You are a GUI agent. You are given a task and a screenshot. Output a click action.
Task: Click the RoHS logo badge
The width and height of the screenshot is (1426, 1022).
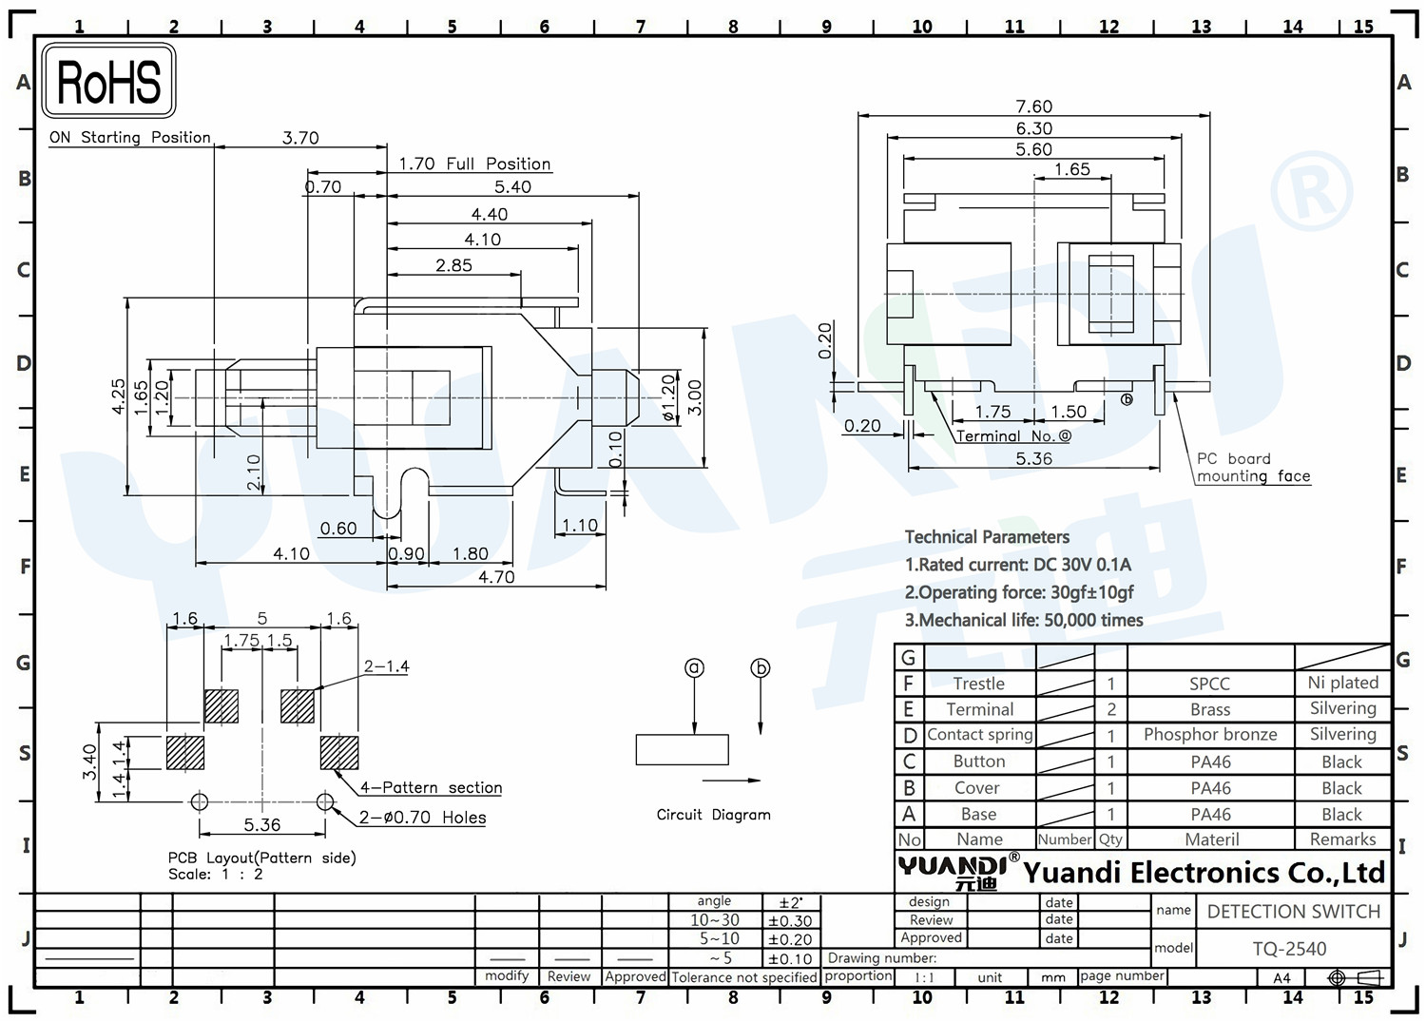[x=109, y=81]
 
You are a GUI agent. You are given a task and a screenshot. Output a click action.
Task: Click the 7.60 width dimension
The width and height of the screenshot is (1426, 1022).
[x=1034, y=106]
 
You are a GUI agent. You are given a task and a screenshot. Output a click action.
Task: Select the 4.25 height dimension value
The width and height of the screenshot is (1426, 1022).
[x=119, y=396]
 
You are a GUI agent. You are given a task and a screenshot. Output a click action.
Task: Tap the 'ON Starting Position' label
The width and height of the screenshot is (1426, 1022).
[x=130, y=138]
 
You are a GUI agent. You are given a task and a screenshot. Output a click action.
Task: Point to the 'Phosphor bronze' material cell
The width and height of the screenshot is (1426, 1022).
[x=1210, y=734]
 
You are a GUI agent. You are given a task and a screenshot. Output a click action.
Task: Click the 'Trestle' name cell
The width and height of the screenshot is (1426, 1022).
[x=978, y=684]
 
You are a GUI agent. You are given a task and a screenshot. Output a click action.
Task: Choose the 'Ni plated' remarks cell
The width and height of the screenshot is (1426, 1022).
[x=1342, y=683]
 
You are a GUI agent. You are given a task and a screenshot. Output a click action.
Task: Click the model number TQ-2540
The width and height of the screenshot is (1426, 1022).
[x=1289, y=949]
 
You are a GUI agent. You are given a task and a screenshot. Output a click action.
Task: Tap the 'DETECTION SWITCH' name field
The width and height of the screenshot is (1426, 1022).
[x=1294, y=911]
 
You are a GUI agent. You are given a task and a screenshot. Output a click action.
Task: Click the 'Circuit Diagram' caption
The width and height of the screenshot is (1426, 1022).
[x=713, y=815]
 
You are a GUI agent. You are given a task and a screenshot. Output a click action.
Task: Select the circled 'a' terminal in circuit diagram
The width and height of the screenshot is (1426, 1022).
[x=694, y=668]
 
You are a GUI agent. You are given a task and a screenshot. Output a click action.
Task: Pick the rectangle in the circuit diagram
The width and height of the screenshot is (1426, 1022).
[x=682, y=749]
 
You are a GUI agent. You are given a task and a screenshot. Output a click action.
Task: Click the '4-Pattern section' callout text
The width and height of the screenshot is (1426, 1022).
[x=431, y=788]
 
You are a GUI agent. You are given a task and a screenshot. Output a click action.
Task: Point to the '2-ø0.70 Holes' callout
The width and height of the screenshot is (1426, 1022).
[x=422, y=817]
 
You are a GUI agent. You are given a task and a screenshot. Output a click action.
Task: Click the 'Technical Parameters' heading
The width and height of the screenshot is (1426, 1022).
[x=987, y=537]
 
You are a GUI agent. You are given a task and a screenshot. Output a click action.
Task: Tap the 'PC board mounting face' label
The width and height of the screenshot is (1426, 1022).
[x=1253, y=468]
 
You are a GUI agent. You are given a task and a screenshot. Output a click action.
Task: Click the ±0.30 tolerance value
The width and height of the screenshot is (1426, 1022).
[x=790, y=921]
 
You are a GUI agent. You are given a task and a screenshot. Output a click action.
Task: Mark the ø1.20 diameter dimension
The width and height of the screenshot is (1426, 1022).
[x=667, y=397]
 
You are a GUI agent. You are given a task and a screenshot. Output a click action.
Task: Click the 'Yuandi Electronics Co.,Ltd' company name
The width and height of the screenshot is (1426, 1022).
[x=1204, y=873]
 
